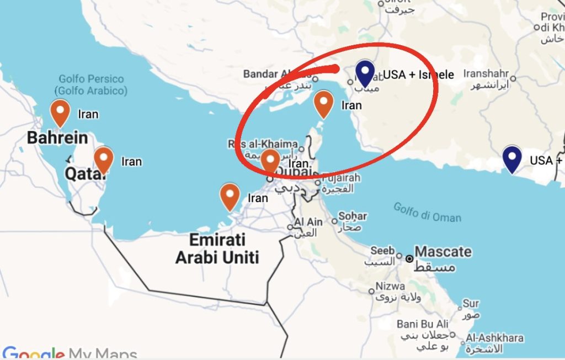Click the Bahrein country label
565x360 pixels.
(x=57, y=137)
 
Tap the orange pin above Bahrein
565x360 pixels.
(x=60, y=113)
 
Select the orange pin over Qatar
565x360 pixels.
(x=104, y=160)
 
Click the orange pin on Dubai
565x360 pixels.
(x=270, y=161)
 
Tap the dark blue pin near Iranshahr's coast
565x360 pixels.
(x=513, y=158)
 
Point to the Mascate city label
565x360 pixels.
(x=443, y=252)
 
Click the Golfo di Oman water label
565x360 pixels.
(x=428, y=212)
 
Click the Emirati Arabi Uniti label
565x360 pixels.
(x=217, y=248)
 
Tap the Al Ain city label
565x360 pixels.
(x=308, y=222)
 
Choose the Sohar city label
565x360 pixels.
(x=353, y=216)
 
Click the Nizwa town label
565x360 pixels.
(x=390, y=287)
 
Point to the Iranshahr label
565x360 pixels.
(x=485, y=73)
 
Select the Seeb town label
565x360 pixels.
(x=382, y=251)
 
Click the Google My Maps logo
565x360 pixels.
(x=69, y=353)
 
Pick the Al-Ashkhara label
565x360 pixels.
(x=494, y=338)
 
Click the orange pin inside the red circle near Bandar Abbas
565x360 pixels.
(x=323, y=104)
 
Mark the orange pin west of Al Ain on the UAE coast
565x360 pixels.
(x=230, y=197)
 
